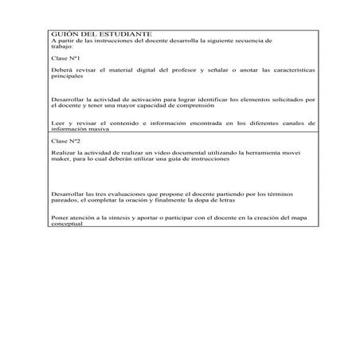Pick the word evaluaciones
(128, 193)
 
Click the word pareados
(64, 199)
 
